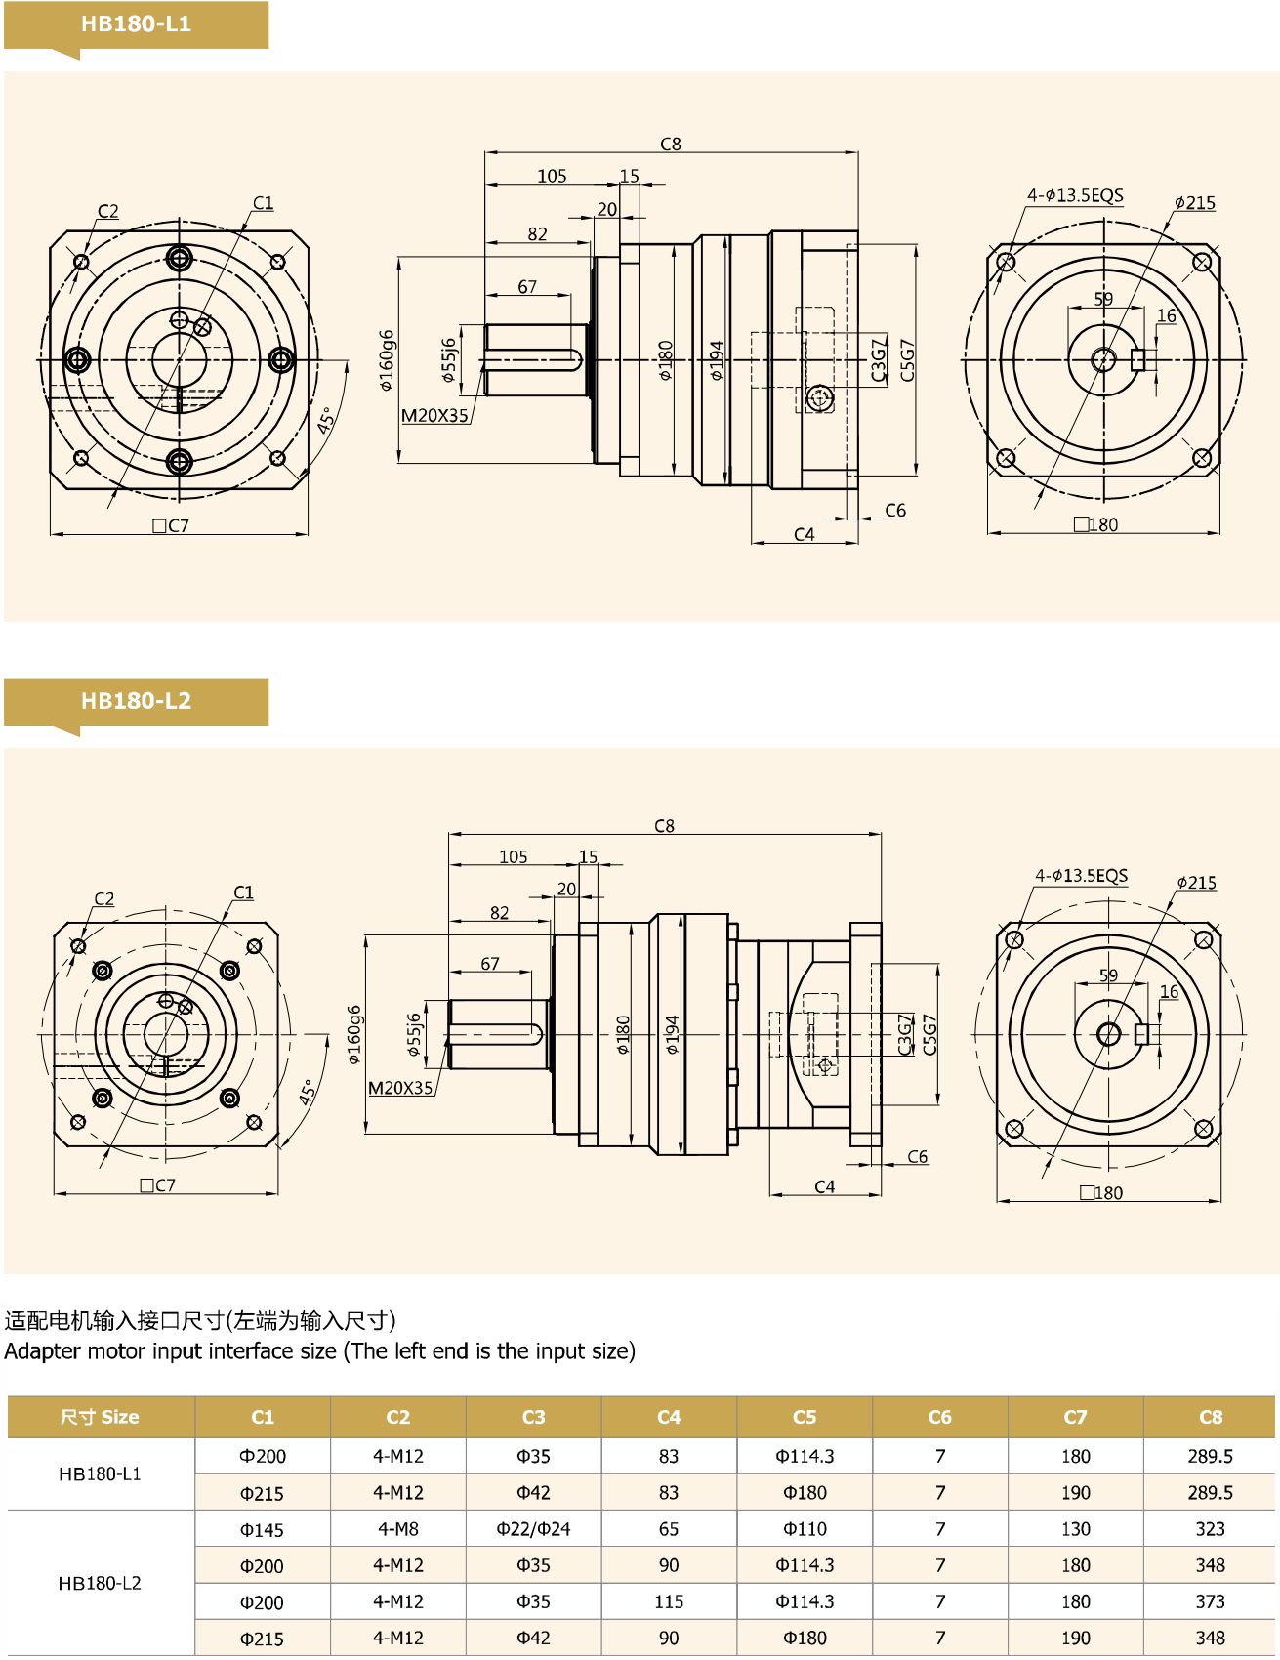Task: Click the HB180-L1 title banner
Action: click(x=136, y=24)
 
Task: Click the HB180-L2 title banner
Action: click(x=136, y=701)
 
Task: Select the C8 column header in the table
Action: click(x=1210, y=1417)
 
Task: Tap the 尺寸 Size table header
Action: click(x=100, y=1417)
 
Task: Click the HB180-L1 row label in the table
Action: click(x=100, y=1473)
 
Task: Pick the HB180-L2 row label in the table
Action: click(x=100, y=1583)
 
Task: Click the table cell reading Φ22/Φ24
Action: click(x=533, y=1529)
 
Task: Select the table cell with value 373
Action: click(x=1210, y=1601)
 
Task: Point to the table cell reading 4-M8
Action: click(x=398, y=1529)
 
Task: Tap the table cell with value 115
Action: click(x=669, y=1601)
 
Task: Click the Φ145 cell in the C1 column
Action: click(x=263, y=1529)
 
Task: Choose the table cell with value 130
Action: click(x=1075, y=1529)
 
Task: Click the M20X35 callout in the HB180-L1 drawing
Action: click(x=434, y=416)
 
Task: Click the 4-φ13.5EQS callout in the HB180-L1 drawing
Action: click(x=1075, y=195)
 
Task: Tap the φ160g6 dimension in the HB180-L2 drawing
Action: click(x=353, y=1035)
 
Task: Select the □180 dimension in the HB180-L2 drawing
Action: click(x=1101, y=1193)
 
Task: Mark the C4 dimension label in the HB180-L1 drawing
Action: click(x=804, y=534)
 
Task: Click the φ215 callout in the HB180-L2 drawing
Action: click(x=1196, y=883)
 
